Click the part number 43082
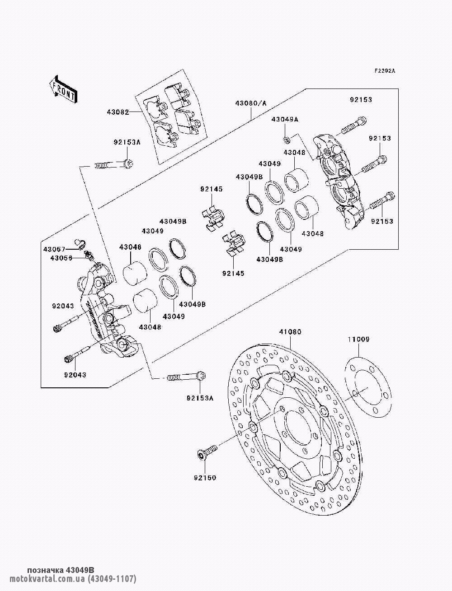tap(118, 112)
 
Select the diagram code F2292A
tap(384, 71)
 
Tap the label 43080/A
tap(250, 103)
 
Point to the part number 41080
tap(290, 332)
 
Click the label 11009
tap(358, 339)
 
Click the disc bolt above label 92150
tap(207, 452)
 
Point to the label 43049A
tap(285, 119)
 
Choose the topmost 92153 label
tap(360, 100)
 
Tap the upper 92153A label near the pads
tap(127, 142)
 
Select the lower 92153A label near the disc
tap(199, 398)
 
